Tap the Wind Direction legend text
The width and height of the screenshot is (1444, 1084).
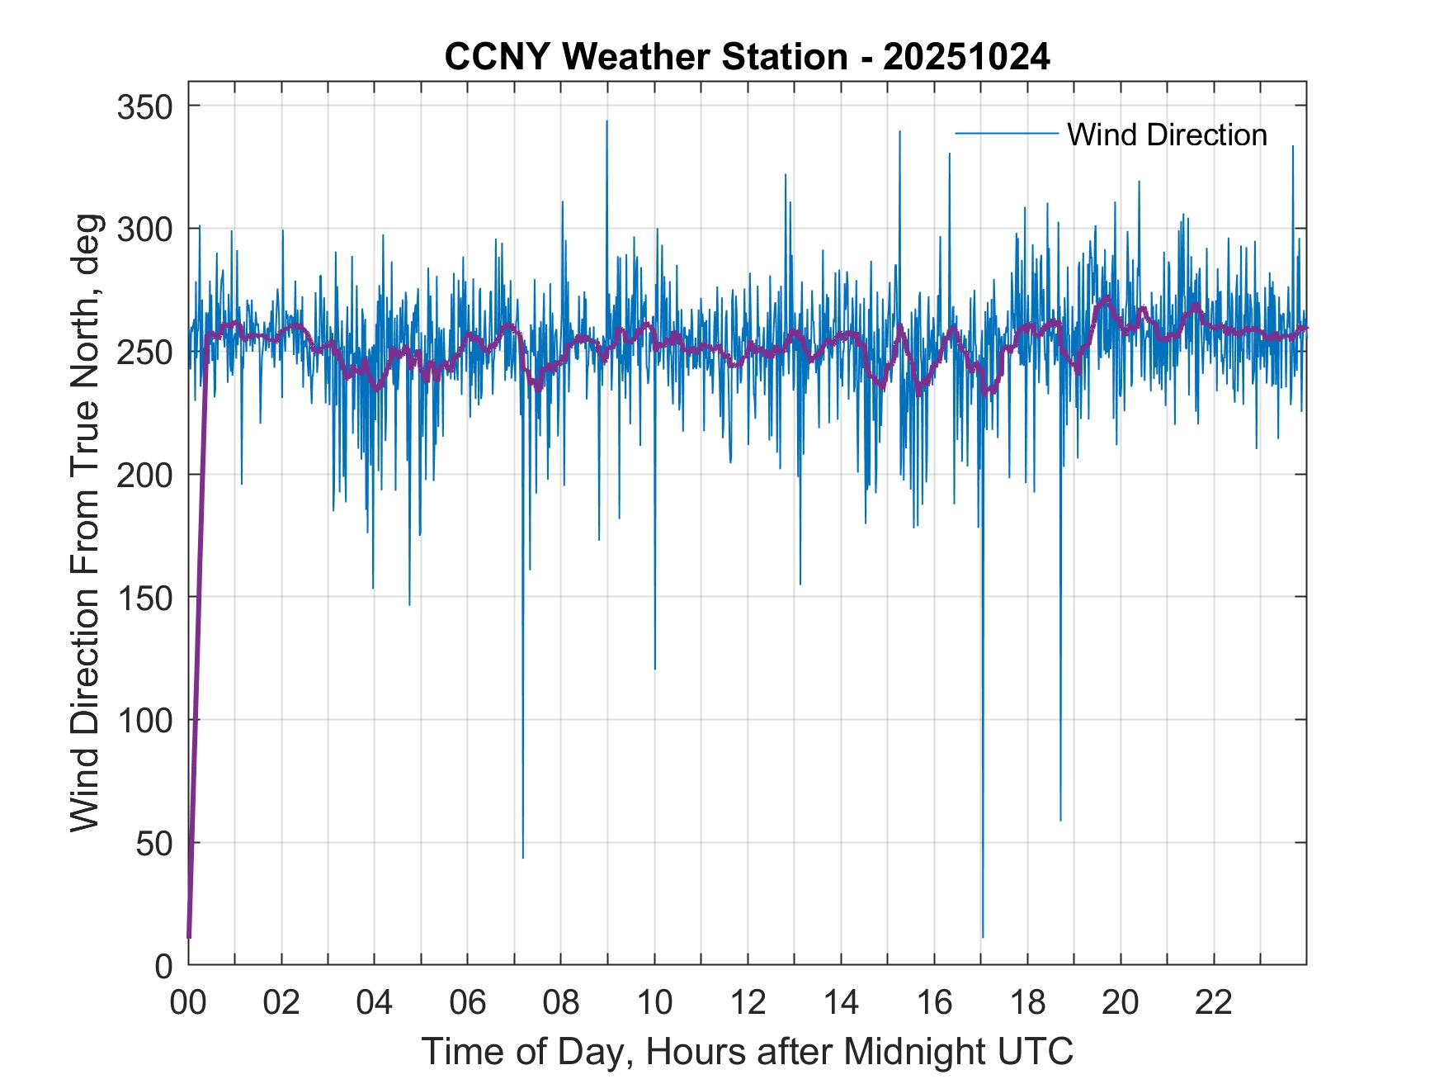(1167, 135)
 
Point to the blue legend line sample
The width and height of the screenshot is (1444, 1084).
(1006, 134)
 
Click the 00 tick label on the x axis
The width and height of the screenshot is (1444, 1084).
(188, 1003)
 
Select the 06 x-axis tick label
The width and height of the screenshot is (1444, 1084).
(468, 1003)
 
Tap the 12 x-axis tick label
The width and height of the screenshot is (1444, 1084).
(748, 1003)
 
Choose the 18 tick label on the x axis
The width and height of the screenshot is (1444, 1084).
(1027, 1003)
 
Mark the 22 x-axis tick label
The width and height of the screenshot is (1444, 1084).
(1214, 1003)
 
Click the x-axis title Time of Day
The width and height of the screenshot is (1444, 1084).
(748, 1052)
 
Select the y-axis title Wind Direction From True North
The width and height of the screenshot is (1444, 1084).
(85, 523)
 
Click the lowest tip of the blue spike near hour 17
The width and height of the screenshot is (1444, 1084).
(983, 936)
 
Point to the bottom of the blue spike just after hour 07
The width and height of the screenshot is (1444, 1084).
(522, 857)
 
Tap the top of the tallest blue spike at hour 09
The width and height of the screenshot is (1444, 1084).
(606, 121)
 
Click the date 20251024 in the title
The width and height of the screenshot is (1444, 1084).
(966, 57)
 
